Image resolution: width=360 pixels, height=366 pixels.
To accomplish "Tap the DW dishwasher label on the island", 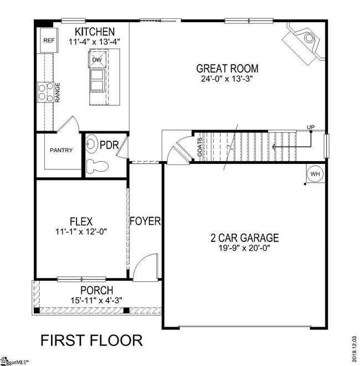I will point(97,60).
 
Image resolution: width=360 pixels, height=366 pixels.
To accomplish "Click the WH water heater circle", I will point(315,173).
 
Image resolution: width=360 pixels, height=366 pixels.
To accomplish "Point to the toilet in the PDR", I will point(99,164).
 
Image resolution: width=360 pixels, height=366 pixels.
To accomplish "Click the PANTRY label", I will point(61,150).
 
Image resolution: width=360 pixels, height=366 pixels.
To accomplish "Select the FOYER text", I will point(145,221).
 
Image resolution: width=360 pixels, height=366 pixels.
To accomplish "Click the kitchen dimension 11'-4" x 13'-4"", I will point(95,42).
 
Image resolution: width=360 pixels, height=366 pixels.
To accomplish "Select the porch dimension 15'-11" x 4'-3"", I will point(96,300).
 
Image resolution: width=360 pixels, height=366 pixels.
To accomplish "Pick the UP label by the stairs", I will point(311,128).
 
